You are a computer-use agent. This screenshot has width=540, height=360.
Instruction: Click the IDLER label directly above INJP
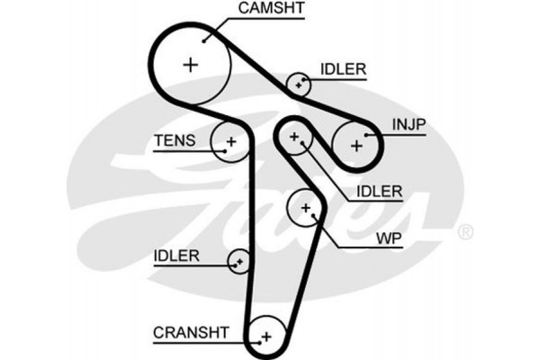tap(343, 69)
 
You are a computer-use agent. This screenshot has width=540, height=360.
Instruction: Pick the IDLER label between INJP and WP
tap(379, 191)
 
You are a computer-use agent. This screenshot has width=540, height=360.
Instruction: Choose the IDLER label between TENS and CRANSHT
tap(175, 255)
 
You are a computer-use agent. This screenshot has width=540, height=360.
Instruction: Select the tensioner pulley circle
tap(230, 141)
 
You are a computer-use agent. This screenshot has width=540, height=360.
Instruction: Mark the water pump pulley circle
tap(306, 210)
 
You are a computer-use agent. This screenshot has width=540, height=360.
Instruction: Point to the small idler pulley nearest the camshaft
tap(299, 85)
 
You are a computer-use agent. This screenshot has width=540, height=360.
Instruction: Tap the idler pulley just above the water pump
tap(294, 136)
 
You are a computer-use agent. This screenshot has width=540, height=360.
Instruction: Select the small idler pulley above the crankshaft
tap(239, 261)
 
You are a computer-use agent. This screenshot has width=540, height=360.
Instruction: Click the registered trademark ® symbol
tap(465, 233)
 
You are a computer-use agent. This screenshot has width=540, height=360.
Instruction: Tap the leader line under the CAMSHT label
tap(270, 20)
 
